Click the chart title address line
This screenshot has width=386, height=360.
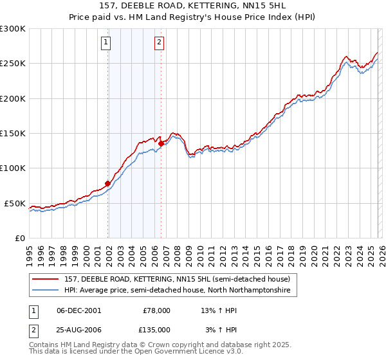point(192,6)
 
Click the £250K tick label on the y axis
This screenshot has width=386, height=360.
point(12,64)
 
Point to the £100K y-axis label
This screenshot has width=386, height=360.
point(12,168)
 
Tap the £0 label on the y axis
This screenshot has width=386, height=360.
point(19,238)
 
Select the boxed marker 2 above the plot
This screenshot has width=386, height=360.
point(159,43)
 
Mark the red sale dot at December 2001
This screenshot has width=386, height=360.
point(107,184)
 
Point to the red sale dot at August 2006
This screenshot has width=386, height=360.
point(161,144)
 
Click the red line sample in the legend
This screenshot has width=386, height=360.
point(45,280)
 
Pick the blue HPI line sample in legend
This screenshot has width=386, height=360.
point(45,291)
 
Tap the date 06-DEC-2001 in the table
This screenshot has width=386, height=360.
point(78,310)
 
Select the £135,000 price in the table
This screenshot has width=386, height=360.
point(156,329)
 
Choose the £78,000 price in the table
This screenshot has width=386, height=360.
point(156,310)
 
